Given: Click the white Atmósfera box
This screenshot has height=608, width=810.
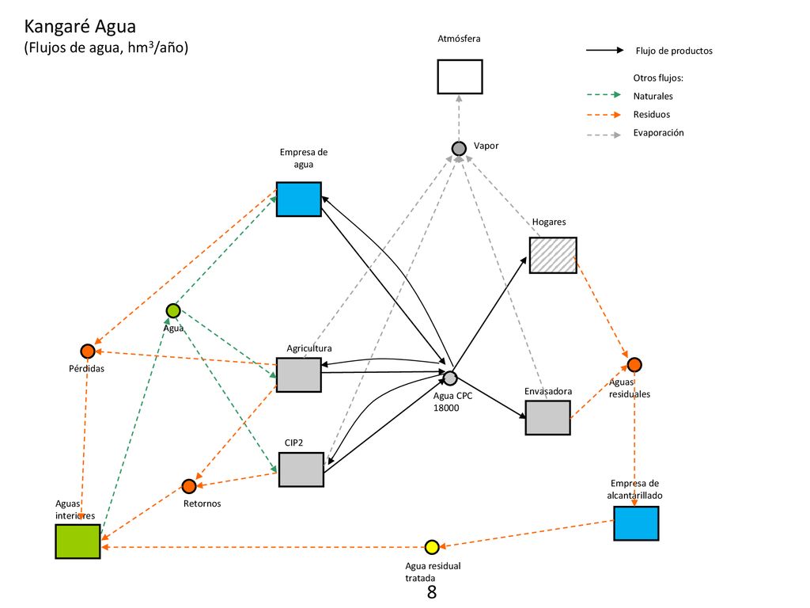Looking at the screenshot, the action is pos(460,77).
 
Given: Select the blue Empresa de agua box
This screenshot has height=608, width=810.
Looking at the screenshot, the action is pos(298,199).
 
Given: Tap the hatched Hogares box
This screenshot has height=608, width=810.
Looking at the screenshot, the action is pos(553,255).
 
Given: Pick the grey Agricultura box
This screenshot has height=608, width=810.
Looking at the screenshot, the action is pos(298,374).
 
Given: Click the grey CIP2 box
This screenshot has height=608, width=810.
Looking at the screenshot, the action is pos(301,469).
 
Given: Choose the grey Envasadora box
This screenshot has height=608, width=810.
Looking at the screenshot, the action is pos(547,418).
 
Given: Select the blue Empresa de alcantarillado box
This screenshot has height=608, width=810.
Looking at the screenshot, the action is pos(636,523).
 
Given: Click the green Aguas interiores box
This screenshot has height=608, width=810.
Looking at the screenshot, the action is pos(78,541).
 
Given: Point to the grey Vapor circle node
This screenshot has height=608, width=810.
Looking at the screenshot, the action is pos(459,148).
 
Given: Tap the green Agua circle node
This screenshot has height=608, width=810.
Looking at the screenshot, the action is pos(173,310).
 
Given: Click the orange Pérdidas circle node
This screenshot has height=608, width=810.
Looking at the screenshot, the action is pos(88,351).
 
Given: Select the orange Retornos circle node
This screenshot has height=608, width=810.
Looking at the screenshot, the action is pos(189,486).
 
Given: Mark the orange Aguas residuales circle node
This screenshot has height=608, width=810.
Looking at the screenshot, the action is pos(634,365).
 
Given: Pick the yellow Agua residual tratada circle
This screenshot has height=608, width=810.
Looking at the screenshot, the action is pos(432,547).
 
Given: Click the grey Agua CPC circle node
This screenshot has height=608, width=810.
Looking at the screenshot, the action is pos(450,378).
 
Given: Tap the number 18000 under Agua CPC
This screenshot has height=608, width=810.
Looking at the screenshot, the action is pos(446,408).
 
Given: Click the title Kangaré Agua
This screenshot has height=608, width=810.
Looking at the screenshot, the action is pos(80,26).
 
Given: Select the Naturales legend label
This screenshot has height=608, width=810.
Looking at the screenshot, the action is pos(653,96).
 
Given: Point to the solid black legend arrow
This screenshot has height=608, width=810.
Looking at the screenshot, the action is pos(605,50).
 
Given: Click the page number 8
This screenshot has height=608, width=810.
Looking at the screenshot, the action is pos(432,592).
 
